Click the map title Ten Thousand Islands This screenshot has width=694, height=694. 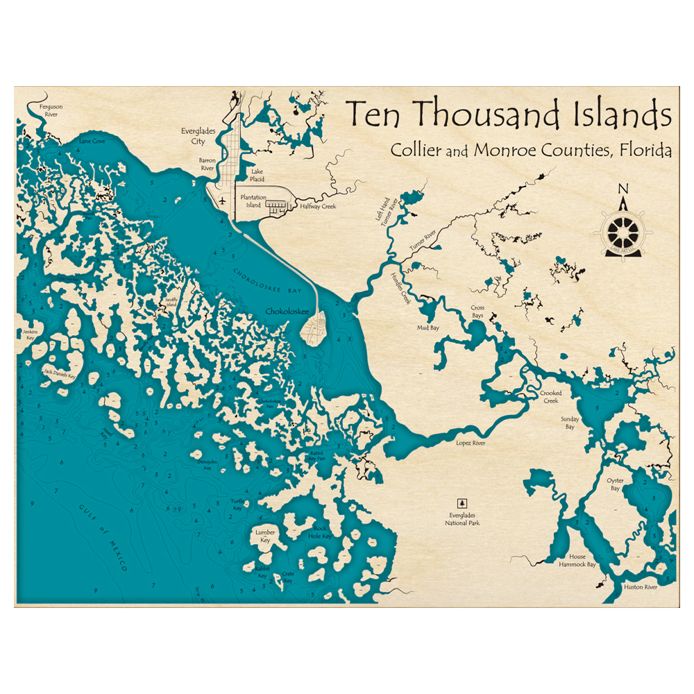509,115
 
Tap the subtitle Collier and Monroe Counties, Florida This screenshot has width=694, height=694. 531,150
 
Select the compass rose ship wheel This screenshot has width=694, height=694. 623,230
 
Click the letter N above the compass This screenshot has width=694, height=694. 623,189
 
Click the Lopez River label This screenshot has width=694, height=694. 470,442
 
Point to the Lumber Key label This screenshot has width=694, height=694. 266,536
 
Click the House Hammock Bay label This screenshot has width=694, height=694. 577,561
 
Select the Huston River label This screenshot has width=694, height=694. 640,587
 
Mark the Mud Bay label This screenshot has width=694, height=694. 428,328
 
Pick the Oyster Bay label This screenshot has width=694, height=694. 615,484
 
